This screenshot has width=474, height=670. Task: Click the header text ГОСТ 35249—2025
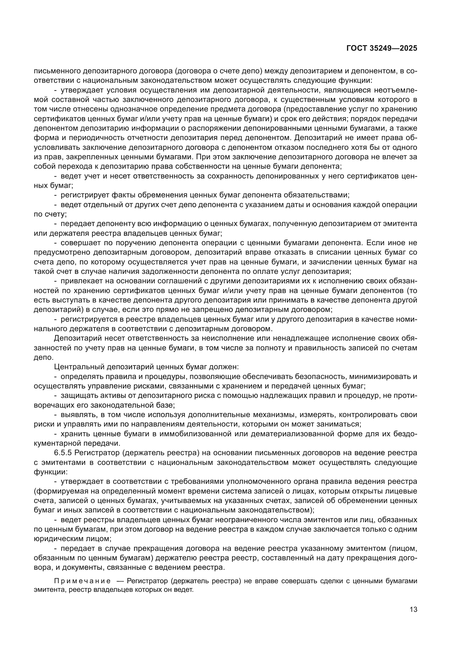[x=382, y=48]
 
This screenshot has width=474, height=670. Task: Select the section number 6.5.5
[x=63, y=453]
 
